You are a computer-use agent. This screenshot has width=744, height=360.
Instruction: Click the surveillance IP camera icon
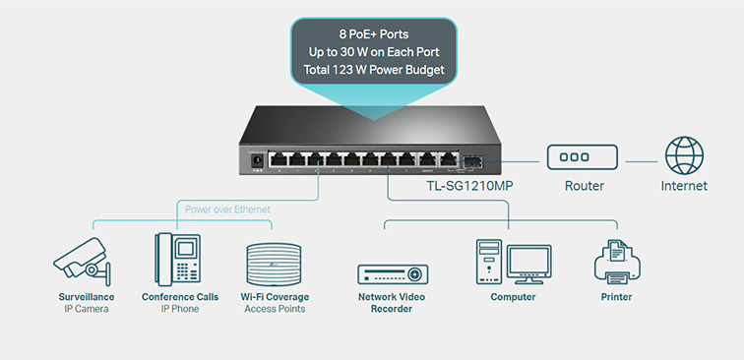tap(82, 262)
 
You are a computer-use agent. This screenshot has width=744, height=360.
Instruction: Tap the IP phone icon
tap(177, 260)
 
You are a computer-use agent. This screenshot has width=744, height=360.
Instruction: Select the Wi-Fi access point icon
tap(274, 265)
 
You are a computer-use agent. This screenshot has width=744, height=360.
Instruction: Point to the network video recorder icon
tap(393, 274)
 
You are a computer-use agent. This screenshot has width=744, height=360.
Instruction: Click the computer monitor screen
tap(528, 262)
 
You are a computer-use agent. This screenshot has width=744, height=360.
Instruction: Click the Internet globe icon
tap(684, 155)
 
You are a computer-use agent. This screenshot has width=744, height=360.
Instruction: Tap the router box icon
tap(583, 157)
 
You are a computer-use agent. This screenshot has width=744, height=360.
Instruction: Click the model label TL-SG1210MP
tap(469, 186)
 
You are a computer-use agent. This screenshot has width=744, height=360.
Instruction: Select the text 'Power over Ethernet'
tap(227, 210)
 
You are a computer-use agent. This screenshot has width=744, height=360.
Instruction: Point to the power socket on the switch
tap(257, 160)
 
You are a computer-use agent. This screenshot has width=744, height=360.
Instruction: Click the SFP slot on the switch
tap(472, 160)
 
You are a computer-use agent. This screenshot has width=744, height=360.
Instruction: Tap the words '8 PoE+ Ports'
tap(374, 34)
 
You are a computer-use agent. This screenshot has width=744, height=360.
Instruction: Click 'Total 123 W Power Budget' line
tap(374, 70)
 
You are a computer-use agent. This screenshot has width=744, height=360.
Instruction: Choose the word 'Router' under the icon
tap(585, 186)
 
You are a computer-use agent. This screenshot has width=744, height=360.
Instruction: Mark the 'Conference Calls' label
tap(180, 297)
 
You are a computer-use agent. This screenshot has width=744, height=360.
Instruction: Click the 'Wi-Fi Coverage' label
tap(275, 297)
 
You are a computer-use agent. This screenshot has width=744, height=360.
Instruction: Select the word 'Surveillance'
tap(87, 297)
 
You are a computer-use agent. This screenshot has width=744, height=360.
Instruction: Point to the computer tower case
tap(489, 262)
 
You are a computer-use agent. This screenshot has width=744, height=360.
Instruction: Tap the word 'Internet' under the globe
tap(684, 186)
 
